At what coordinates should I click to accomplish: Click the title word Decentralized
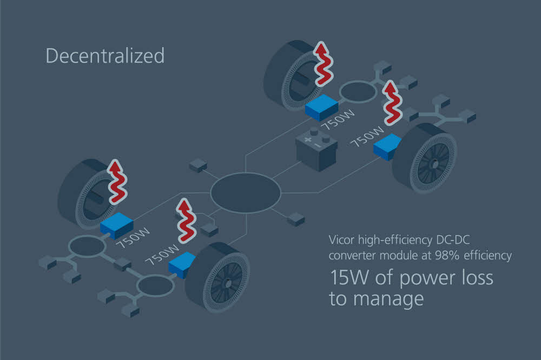tap(105, 56)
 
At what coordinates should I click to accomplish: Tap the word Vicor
tap(341, 239)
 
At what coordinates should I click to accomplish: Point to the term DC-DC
tap(453, 239)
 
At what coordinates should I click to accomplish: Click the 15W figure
tap(349, 278)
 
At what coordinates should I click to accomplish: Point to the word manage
tap(388, 299)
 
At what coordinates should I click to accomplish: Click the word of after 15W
tap(384, 277)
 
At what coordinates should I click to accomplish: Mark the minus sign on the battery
tap(318, 145)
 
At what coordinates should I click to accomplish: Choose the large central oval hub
tap(246, 193)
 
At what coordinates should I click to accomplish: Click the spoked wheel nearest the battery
tap(425, 158)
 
